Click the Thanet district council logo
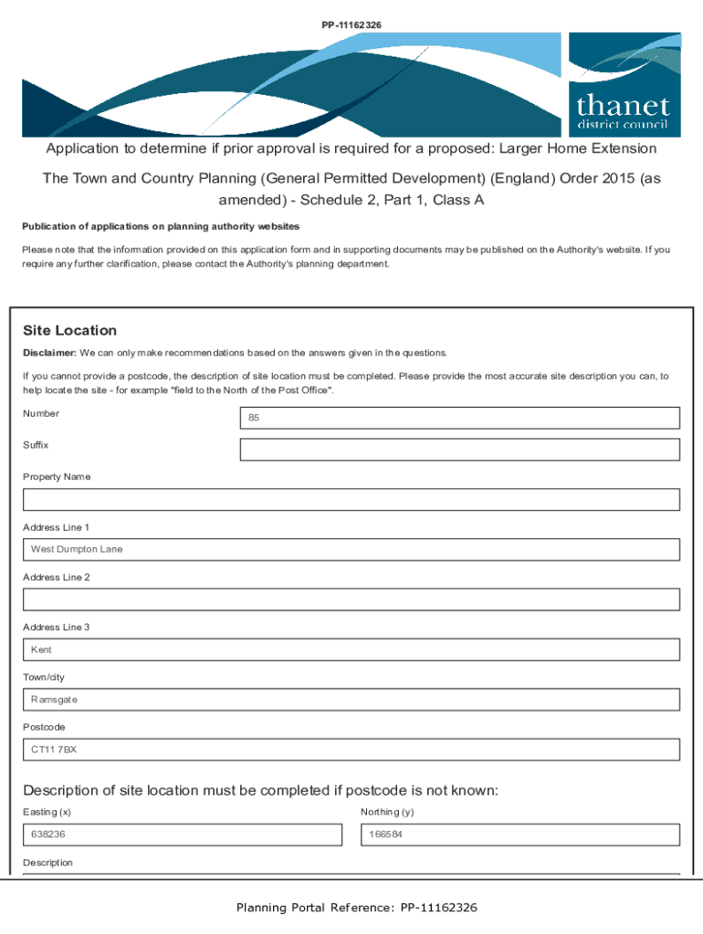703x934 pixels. [x=624, y=85]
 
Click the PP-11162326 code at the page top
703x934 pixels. [x=351, y=11]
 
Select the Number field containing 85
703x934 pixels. [x=459, y=418]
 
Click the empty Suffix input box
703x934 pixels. [x=459, y=450]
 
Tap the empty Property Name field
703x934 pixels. [x=351, y=500]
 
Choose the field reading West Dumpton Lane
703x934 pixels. [x=351, y=549]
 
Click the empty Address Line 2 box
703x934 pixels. [x=351, y=599]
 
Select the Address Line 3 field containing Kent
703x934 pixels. [x=351, y=649]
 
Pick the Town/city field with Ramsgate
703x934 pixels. [x=351, y=700]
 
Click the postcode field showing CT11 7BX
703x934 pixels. [x=351, y=750]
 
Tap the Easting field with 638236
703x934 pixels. [x=183, y=835]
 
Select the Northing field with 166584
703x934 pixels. [x=520, y=835]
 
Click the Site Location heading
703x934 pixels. [x=69, y=330]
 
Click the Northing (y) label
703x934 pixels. [x=387, y=812]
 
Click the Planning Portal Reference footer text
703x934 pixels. [x=356, y=908]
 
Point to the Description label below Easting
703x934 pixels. [x=47, y=862]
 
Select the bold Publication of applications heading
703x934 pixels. [x=161, y=226]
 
